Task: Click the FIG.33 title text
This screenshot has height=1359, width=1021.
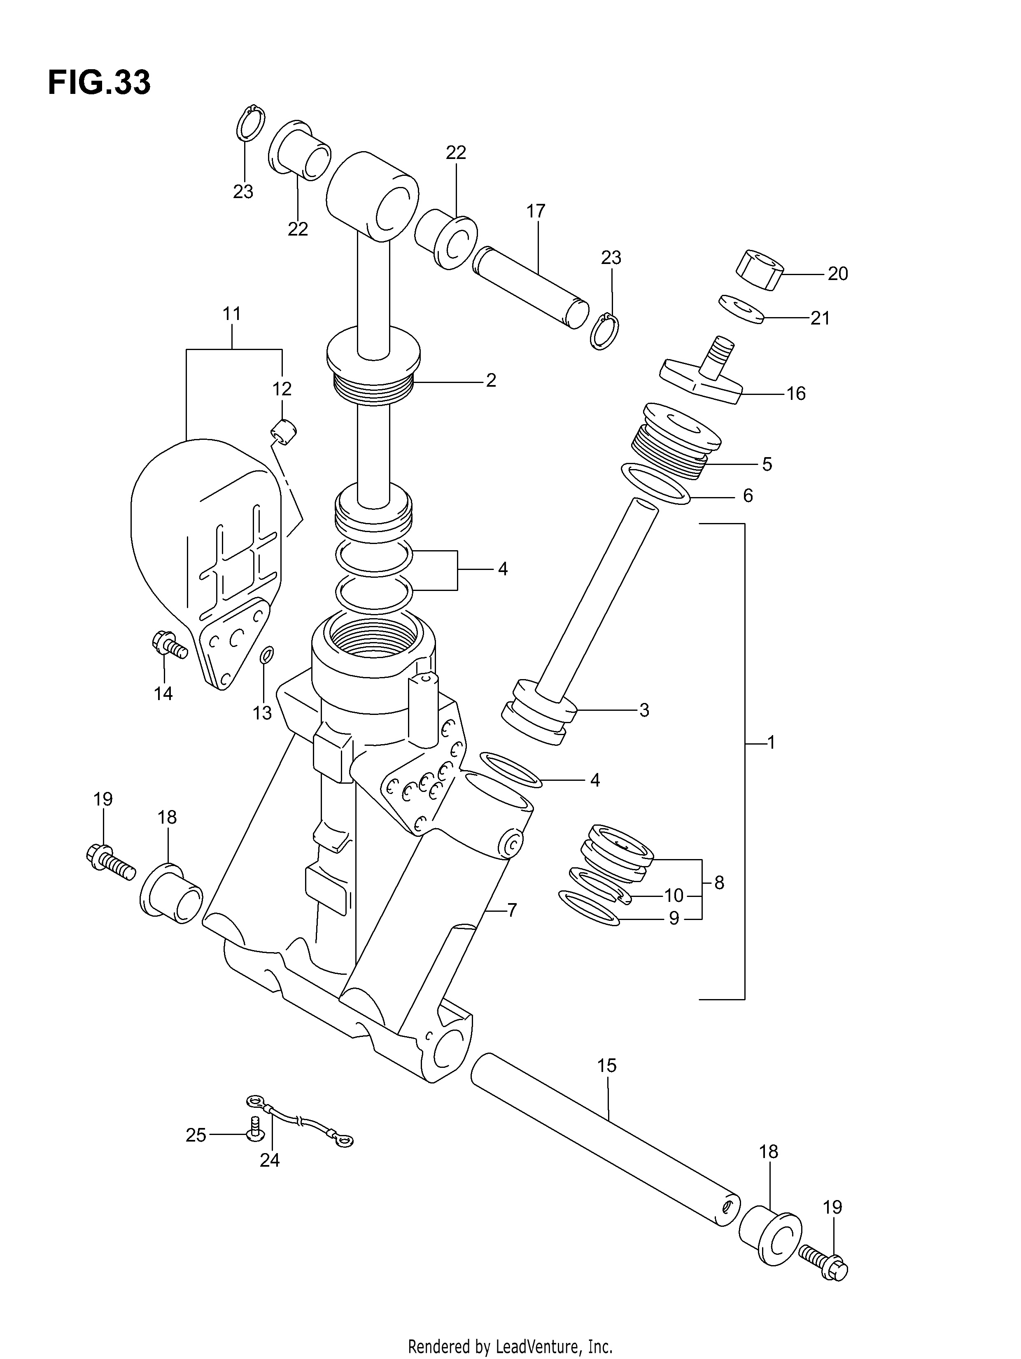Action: coord(99,83)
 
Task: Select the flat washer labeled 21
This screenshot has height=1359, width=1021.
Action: coord(741,309)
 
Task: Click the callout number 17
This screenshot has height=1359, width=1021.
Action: coord(536,211)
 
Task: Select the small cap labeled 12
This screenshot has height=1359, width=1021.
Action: coord(283,430)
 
